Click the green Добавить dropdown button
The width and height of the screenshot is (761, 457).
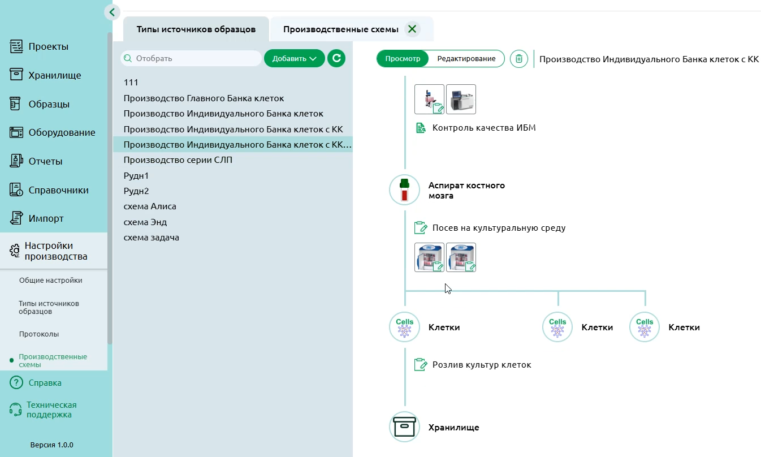(294, 58)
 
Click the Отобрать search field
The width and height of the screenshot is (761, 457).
(192, 58)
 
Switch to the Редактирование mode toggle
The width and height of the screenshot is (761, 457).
(466, 59)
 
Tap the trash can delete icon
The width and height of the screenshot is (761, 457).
(518, 59)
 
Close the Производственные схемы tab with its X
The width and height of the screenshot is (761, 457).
(412, 29)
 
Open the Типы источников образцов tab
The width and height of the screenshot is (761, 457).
(196, 29)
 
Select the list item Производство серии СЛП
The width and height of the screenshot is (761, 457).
(178, 160)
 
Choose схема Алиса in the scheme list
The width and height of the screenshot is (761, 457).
(150, 206)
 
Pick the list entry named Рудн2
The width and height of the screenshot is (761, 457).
(136, 191)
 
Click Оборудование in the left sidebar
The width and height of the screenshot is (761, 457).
(62, 133)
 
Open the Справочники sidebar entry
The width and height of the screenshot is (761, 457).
(58, 190)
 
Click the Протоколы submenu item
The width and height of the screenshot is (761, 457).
(39, 334)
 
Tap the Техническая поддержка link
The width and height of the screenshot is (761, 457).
(51, 409)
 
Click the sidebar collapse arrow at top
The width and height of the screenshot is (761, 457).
(112, 12)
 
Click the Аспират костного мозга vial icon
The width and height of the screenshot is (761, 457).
(404, 190)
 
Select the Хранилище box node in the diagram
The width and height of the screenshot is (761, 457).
(404, 427)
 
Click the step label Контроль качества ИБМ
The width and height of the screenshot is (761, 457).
(483, 128)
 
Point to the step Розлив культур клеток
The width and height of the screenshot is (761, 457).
(481, 365)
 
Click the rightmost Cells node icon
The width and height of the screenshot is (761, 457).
(644, 327)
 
